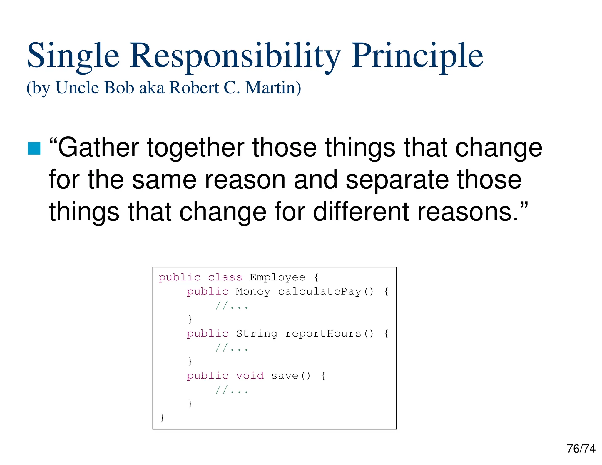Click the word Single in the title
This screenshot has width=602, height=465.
click(x=73, y=56)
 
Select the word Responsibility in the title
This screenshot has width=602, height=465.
click(x=235, y=56)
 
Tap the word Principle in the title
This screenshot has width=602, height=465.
click(x=417, y=56)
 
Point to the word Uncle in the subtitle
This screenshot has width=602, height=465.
click(x=77, y=88)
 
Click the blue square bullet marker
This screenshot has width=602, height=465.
click(x=34, y=148)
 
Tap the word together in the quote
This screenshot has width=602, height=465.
click(x=195, y=148)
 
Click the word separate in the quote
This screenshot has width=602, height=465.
click(x=397, y=180)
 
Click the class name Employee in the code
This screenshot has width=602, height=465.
click(x=277, y=277)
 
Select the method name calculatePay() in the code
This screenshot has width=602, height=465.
click(x=326, y=291)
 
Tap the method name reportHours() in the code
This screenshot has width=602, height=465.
click(x=329, y=333)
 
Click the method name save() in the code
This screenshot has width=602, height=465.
click(x=290, y=376)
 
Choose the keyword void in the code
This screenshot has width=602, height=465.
click(x=250, y=376)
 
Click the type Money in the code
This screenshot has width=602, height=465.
click(x=253, y=291)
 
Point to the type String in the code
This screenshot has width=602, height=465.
click(x=257, y=333)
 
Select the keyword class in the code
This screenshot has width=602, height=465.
click(x=225, y=277)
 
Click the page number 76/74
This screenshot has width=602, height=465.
click(x=581, y=449)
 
